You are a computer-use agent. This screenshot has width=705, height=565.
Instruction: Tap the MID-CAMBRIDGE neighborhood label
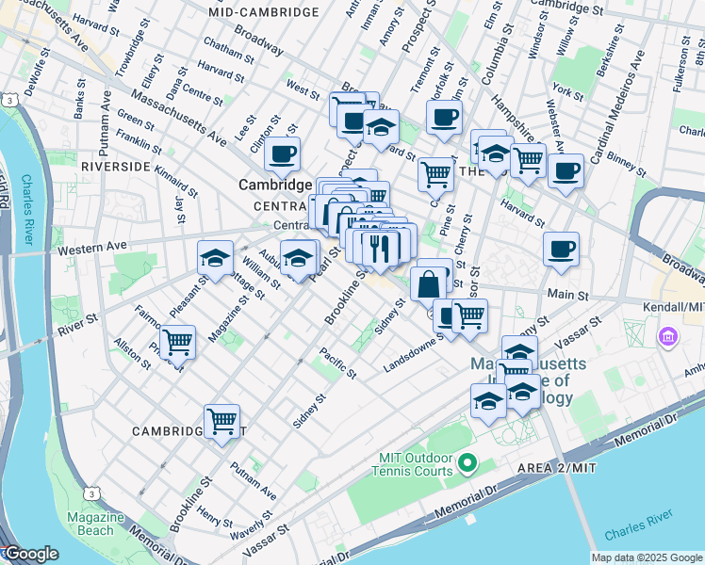click(264, 12)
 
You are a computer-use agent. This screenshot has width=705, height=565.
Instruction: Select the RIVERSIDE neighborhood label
click(116, 166)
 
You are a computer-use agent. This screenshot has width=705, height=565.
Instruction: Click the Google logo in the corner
click(30, 554)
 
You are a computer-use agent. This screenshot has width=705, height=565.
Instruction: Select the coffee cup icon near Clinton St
click(283, 153)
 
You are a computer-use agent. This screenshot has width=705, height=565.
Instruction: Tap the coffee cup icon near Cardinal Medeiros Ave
click(566, 171)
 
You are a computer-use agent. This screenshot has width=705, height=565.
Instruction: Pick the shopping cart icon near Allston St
click(177, 341)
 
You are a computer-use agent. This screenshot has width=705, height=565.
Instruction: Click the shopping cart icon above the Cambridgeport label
click(221, 421)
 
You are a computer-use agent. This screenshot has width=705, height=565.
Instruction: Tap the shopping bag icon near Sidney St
click(429, 282)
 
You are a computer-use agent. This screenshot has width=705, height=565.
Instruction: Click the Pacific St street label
click(337, 363)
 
